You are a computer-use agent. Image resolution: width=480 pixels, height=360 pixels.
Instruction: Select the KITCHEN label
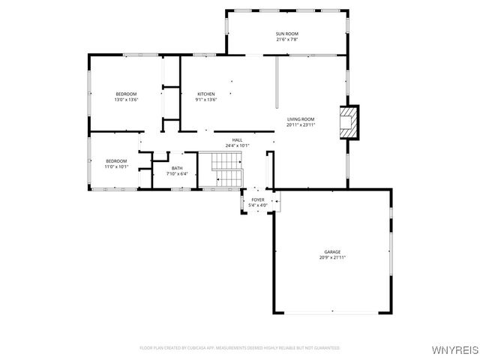click(x=205, y=94)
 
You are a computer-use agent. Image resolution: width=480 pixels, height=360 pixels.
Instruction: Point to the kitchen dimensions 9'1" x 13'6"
click(x=205, y=100)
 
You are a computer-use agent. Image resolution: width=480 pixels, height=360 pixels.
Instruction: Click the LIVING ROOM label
click(x=300, y=119)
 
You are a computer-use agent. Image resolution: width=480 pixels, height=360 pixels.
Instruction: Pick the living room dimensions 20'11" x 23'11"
click(x=300, y=125)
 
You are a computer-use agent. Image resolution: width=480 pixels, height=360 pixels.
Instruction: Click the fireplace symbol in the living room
click(x=348, y=122)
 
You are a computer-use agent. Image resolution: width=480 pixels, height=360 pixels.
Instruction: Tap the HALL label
click(x=237, y=139)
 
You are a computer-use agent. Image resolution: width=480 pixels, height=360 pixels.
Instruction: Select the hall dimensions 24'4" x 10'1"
click(x=237, y=145)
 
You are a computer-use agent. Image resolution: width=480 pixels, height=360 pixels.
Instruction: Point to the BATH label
click(x=177, y=168)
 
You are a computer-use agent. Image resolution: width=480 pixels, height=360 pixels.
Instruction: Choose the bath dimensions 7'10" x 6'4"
click(x=177, y=174)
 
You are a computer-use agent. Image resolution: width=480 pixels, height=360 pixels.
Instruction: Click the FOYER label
click(x=258, y=199)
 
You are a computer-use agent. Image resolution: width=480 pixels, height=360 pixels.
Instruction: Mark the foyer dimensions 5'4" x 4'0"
click(x=258, y=205)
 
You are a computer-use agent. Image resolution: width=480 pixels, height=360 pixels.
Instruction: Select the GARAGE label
click(x=332, y=251)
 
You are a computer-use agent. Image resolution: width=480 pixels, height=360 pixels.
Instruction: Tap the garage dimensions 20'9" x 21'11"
click(x=332, y=257)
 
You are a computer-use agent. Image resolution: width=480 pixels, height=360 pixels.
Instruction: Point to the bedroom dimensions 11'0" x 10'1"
click(x=116, y=166)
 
